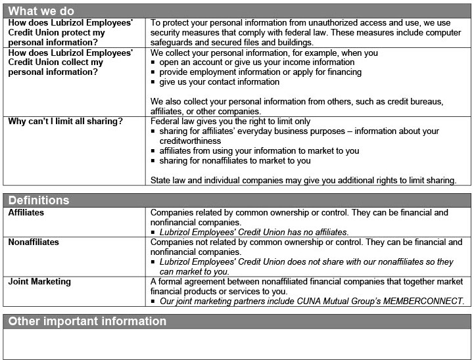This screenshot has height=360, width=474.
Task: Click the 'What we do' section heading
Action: point(41,11)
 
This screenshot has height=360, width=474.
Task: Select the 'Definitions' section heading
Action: point(38,200)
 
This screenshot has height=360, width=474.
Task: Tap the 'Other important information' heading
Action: point(87,321)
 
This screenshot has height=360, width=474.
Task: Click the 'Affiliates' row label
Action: point(26,213)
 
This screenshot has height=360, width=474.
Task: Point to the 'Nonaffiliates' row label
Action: point(34,242)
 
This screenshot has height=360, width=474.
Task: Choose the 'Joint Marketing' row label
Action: point(39,282)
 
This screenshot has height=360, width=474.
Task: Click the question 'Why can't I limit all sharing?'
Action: point(65,122)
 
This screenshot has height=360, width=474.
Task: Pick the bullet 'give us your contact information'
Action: point(220,82)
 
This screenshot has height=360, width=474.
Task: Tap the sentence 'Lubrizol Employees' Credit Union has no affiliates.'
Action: point(254,232)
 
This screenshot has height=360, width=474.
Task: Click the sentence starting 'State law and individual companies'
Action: point(303,180)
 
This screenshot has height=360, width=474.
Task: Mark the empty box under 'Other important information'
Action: point(237,344)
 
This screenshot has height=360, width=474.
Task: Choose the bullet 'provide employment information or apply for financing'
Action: point(262,72)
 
